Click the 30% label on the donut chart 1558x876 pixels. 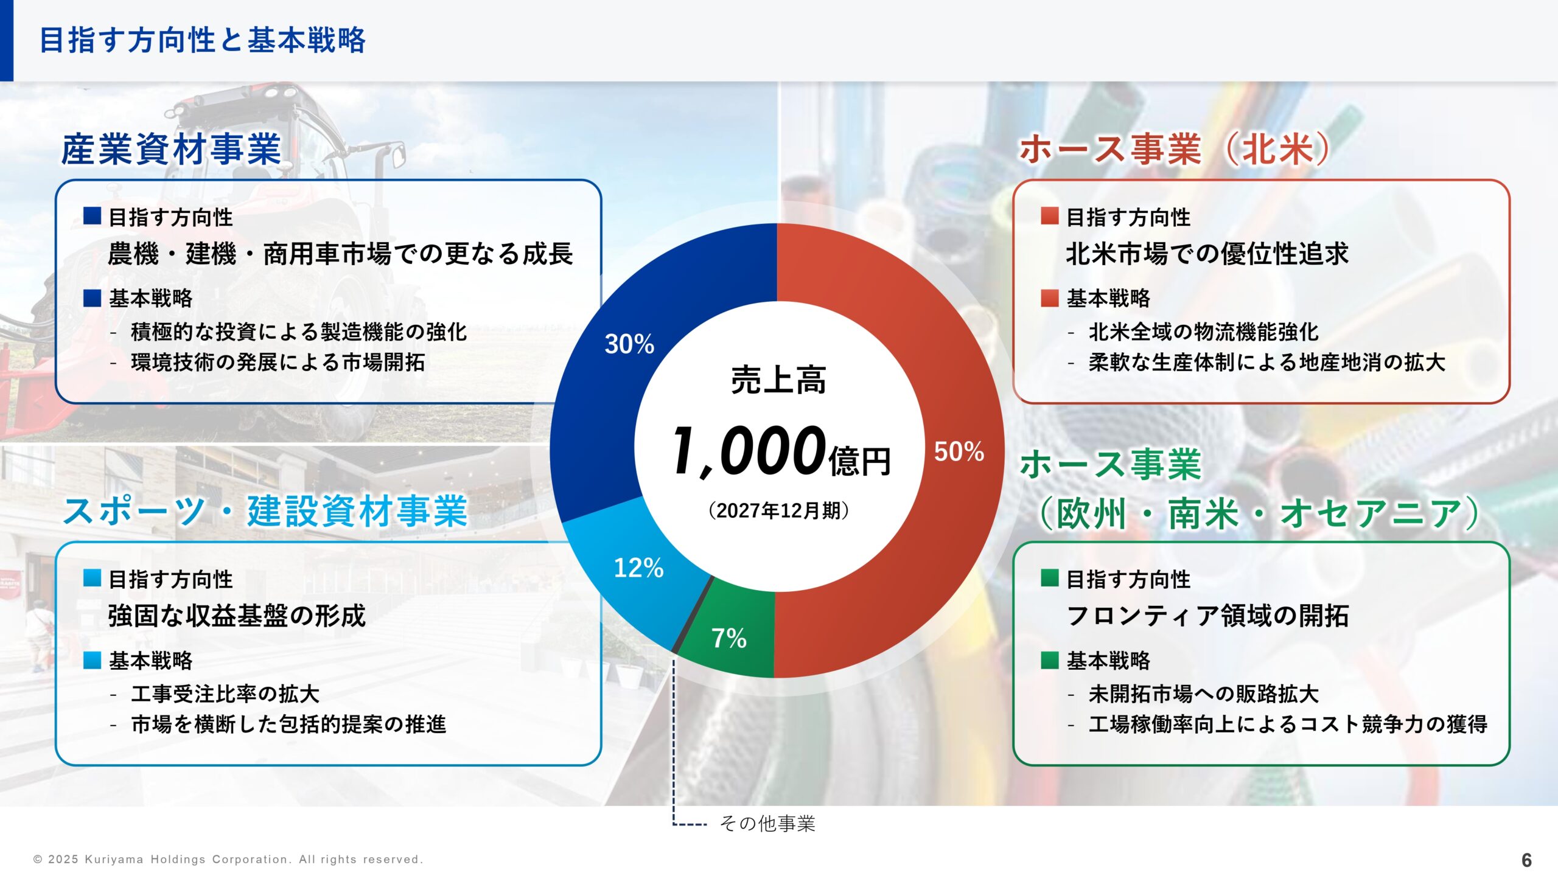(629, 344)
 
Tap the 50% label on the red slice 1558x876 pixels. (959, 452)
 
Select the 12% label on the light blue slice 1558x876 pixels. (638, 568)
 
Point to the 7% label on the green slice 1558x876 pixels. (728, 638)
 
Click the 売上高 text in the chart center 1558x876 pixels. (778, 381)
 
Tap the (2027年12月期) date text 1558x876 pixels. (778, 510)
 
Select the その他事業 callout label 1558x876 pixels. (767, 824)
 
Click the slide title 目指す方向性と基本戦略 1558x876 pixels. (203, 41)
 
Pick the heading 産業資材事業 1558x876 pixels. (171, 149)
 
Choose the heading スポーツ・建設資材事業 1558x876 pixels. (265, 511)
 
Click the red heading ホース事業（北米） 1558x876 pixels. (1175, 149)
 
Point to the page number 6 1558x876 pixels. (1526, 860)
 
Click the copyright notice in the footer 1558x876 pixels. (228, 860)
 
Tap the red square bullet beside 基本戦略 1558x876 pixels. (1049, 298)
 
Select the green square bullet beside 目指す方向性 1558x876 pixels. (1049, 578)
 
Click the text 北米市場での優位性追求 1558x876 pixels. (1207, 254)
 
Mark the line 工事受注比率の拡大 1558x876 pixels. (225, 693)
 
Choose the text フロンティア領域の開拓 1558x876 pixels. (1207, 616)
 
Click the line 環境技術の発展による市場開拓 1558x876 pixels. (278, 363)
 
